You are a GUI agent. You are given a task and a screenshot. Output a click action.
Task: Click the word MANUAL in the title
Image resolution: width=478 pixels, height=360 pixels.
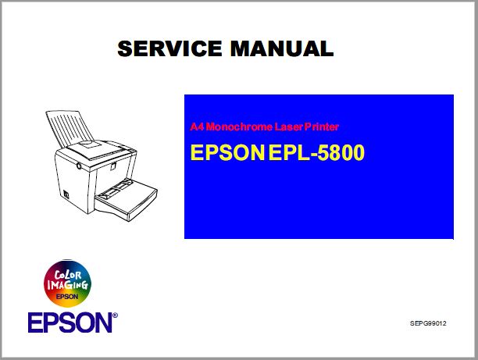pyautogui.click(x=282, y=49)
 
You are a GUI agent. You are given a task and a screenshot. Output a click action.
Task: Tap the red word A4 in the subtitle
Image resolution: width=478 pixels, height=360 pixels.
pyautogui.click(x=196, y=127)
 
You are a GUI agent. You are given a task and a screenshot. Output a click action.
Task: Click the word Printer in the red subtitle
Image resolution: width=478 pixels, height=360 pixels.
pyautogui.click(x=319, y=127)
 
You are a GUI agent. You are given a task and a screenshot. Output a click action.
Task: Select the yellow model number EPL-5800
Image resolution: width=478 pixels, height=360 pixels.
pyautogui.click(x=316, y=153)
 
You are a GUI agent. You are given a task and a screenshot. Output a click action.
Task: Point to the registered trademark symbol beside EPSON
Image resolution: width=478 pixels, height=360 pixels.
pyautogui.click(x=115, y=316)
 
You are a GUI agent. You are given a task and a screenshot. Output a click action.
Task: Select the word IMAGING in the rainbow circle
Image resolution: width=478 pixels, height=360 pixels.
pyautogui.click(x=68, y=287)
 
